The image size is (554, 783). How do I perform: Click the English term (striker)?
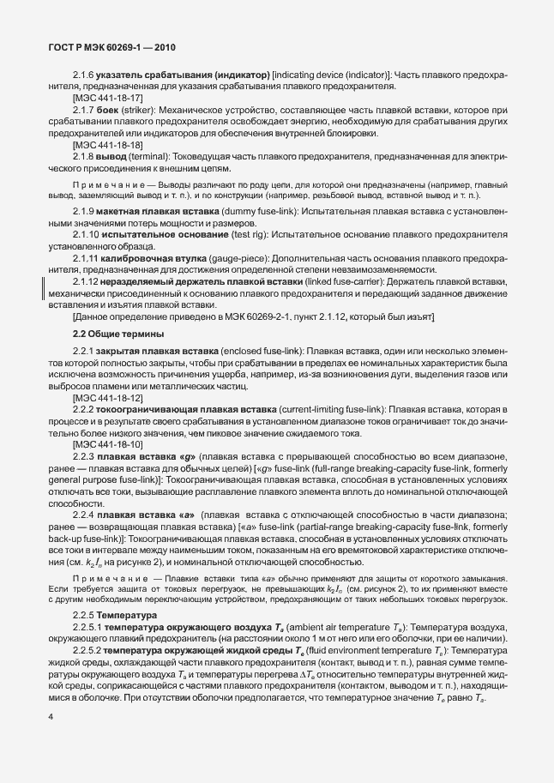(141, 111)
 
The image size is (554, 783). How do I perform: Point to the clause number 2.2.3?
(85, 457)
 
